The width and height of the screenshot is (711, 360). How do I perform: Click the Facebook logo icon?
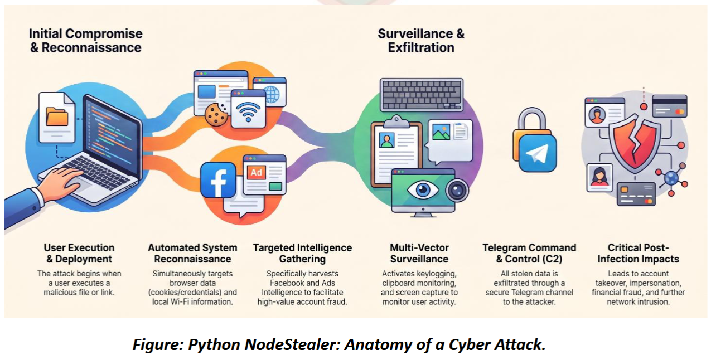pyautogui.click(x=219, y=180)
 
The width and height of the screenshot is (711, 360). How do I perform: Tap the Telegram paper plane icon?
pyautogui.click(x=538, y=154)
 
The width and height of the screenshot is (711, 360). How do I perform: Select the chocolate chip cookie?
pyautogui.click(x=216, y=114)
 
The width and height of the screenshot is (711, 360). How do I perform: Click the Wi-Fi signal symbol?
pyautogui.click(x=248, y=111)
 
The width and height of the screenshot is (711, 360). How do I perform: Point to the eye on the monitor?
pyautogui.click(x=423, y=190)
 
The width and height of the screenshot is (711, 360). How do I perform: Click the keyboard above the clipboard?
pyautogui.click(x=422, y=95)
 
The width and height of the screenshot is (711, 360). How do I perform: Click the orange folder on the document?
pyautogui.click(x=57, y=116)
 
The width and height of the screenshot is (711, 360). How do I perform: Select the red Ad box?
pyautogui.click(x=256, y=173)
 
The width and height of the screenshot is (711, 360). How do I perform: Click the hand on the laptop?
pyautogui.click(x=61, y=182)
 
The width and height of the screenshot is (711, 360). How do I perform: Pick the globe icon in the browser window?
pyautogui.click(x=272, y=94)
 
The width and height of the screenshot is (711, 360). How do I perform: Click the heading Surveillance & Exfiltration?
pyautogui.click(x=421, y=41)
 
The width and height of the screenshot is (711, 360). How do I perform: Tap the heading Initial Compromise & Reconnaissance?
pyautogui.click(x=86, y=41)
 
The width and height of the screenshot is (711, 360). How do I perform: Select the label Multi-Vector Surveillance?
pyautogui.click(x=419, y=253)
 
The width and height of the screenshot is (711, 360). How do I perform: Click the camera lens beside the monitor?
pyautogui.click(x=457, y=190)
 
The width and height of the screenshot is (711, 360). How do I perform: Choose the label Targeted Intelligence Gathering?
pyautogui.click(x=302, y=253)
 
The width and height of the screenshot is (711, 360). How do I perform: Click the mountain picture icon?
pyautogui.click(x=441, y=132)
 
